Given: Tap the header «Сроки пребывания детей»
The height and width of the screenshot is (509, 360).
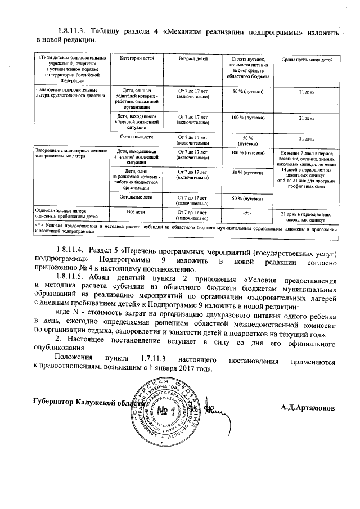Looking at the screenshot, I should (306, 59).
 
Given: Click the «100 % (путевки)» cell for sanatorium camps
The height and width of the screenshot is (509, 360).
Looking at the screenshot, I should (248, 118).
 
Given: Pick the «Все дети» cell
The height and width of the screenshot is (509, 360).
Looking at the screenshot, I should (137, 212).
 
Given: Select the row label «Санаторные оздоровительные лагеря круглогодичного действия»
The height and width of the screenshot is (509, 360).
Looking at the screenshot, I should (67, 93).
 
